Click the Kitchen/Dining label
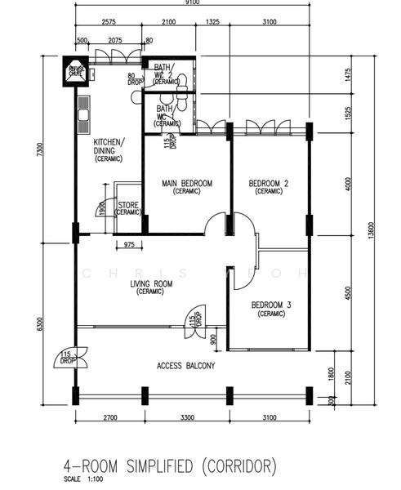pyautogui.click(x=109, y=150)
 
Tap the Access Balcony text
pyautogui.click(x=186, y=366)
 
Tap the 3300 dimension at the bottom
pyautogui.click(x=186, y=418)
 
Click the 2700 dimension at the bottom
pyautogui.click(x=109, y=418)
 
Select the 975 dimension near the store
pyautogui.click(x=129, y=244)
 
